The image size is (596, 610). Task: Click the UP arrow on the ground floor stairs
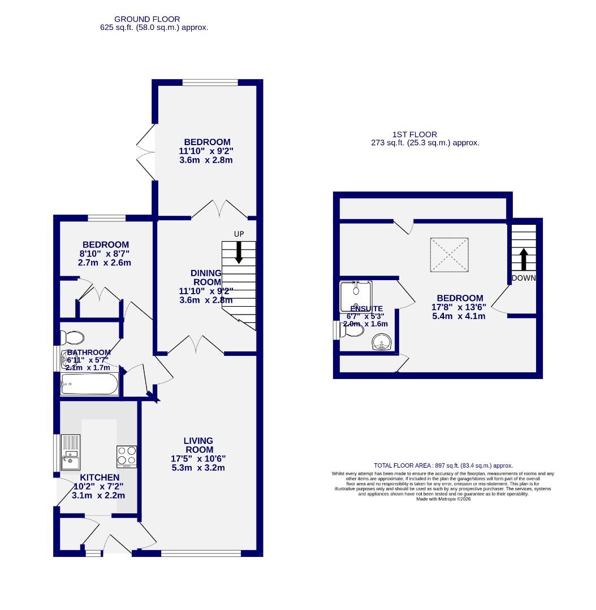click(239, 252)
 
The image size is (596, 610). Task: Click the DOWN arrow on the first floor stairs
click(523, 259)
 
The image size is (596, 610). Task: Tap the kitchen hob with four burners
click(127, 457)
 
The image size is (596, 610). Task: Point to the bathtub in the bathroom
click(90, 386)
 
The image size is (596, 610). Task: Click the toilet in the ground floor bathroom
click(72, 338)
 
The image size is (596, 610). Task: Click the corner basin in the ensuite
click(384, 342)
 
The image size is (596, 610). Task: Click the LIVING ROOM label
click(198, 445)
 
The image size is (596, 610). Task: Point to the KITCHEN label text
click(99, 478)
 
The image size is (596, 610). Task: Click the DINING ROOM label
click(206, 277)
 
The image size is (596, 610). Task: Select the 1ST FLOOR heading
click(414, 134)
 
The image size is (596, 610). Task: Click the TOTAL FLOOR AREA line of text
click(443, 465)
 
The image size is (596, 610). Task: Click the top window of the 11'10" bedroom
click(210, 83)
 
